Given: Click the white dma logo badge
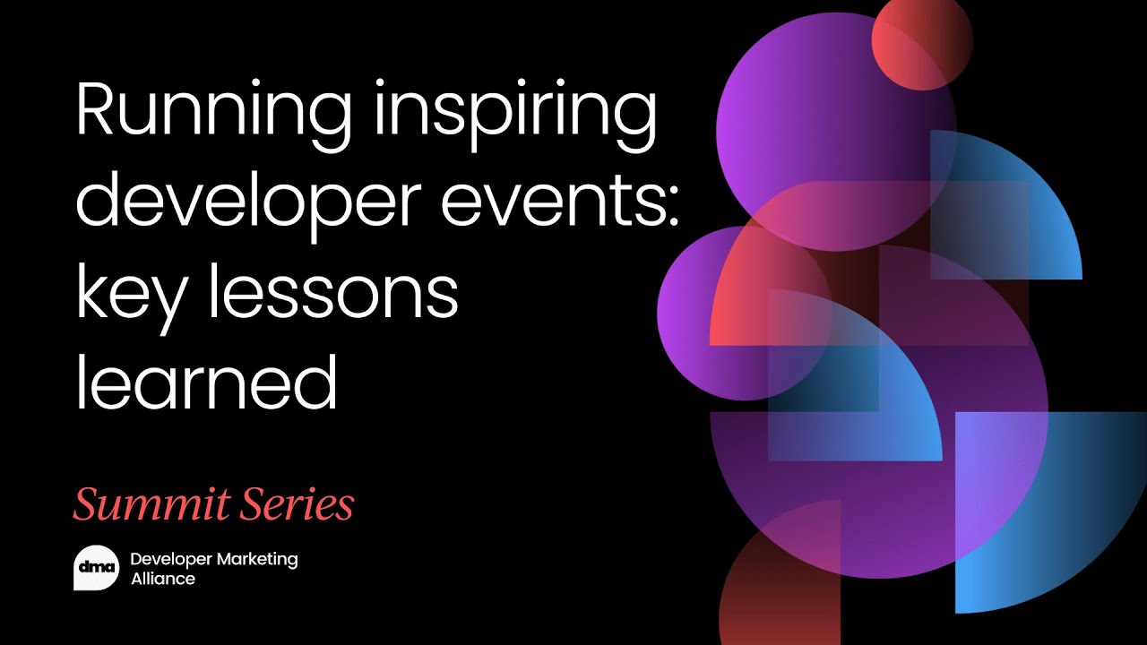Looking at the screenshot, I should point(95,568).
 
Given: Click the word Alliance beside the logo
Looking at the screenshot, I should point(162,579).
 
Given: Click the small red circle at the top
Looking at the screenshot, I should point(922,41).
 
